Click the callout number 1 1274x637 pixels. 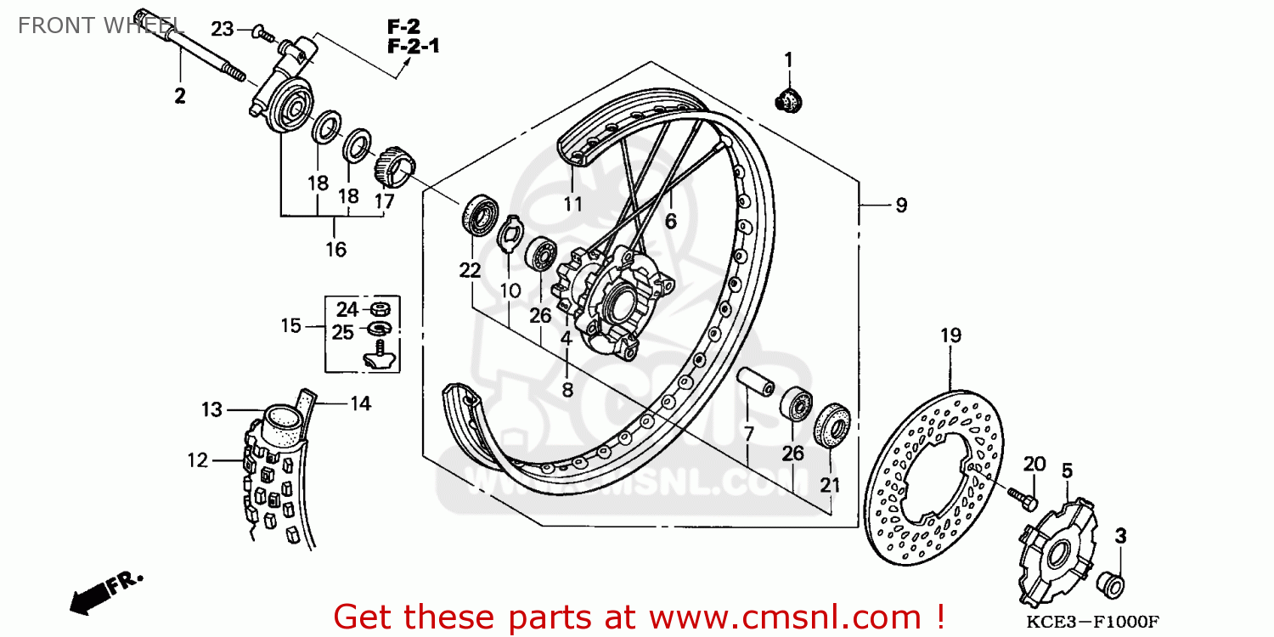click(787, 59)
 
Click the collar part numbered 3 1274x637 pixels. click(1113, 584)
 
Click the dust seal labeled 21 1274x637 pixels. click(831, 426)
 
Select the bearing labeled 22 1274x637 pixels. click(480, 215)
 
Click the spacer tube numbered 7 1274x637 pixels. click(755, 383)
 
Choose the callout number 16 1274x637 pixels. click(335, 249)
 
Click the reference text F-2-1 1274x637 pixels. click(413, 46)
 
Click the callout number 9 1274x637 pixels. click(901, 205)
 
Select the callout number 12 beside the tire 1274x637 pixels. click(197, 460)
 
